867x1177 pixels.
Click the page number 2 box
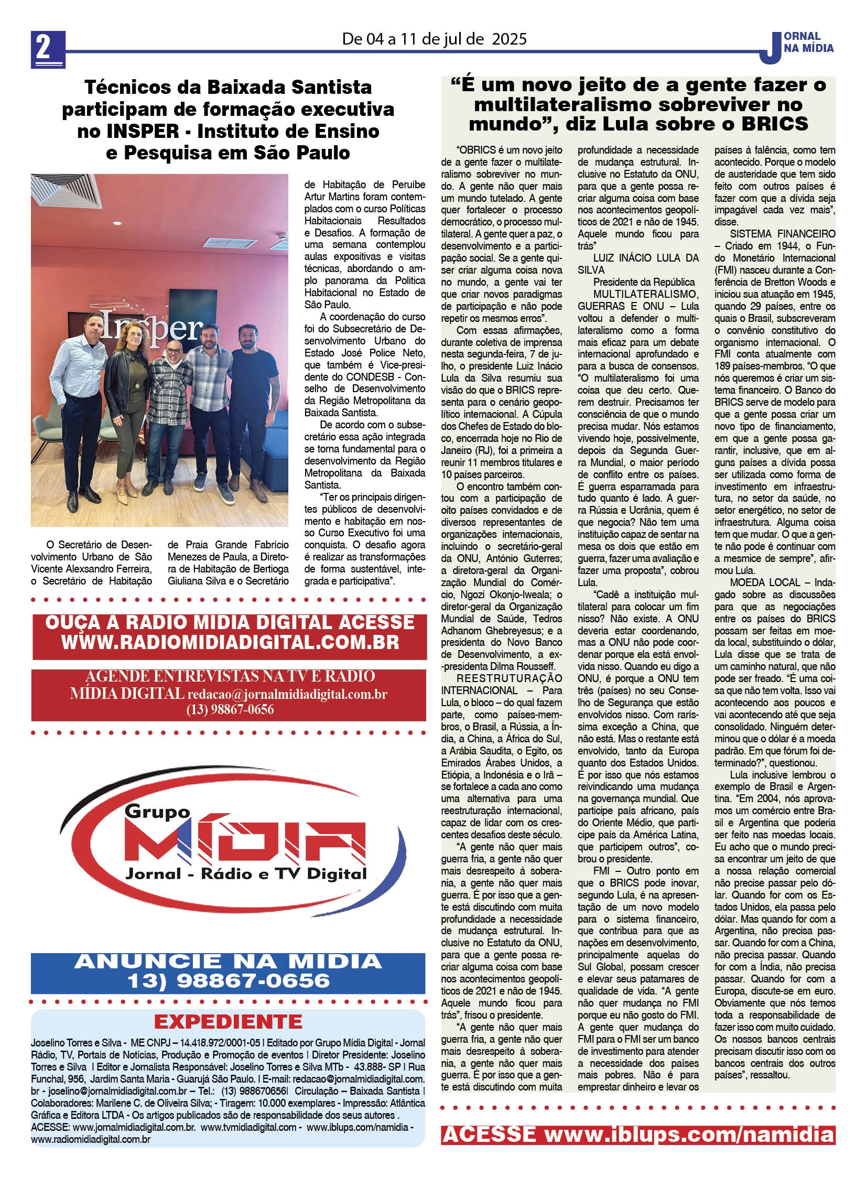(48, 49)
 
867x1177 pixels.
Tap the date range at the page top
(434, 39)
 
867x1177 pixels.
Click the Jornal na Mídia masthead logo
(798, 45)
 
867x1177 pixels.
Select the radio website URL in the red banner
(230, 642)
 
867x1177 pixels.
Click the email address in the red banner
(287, 694)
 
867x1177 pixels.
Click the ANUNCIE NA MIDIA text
(229, 961)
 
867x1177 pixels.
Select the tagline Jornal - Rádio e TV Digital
(246, 873)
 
